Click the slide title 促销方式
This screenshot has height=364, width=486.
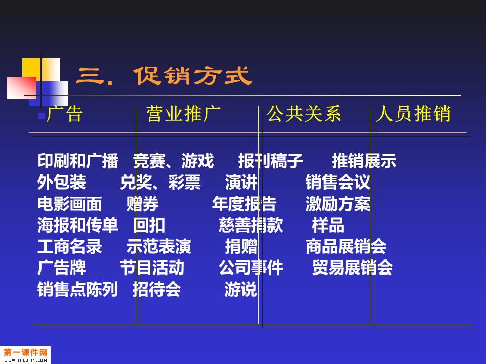[193, 76]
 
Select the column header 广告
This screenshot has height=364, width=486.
[64, 114]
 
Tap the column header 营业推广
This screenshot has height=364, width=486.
[183, 114]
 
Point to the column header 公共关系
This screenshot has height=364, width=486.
[304, 114]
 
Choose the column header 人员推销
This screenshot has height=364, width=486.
[413, 114]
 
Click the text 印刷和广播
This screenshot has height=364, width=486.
[78, 161]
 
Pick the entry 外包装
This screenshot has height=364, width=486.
[62, 182]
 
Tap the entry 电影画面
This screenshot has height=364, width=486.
[70, 204]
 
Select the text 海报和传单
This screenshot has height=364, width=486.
[78, 225]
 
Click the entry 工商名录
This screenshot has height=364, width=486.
[70, 246]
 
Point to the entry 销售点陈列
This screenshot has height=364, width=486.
[77, 289]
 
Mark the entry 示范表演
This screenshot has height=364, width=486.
[158, 246]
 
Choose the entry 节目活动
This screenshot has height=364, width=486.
[152, 268]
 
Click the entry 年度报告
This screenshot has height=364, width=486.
[244, 204]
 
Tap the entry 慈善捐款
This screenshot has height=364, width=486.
[251, 225]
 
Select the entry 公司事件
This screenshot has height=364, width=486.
[251, 268]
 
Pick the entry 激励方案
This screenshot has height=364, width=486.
[338, 204]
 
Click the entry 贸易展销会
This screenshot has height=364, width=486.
[352, 268]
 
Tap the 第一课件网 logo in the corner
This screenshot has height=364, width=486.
[25, 355]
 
